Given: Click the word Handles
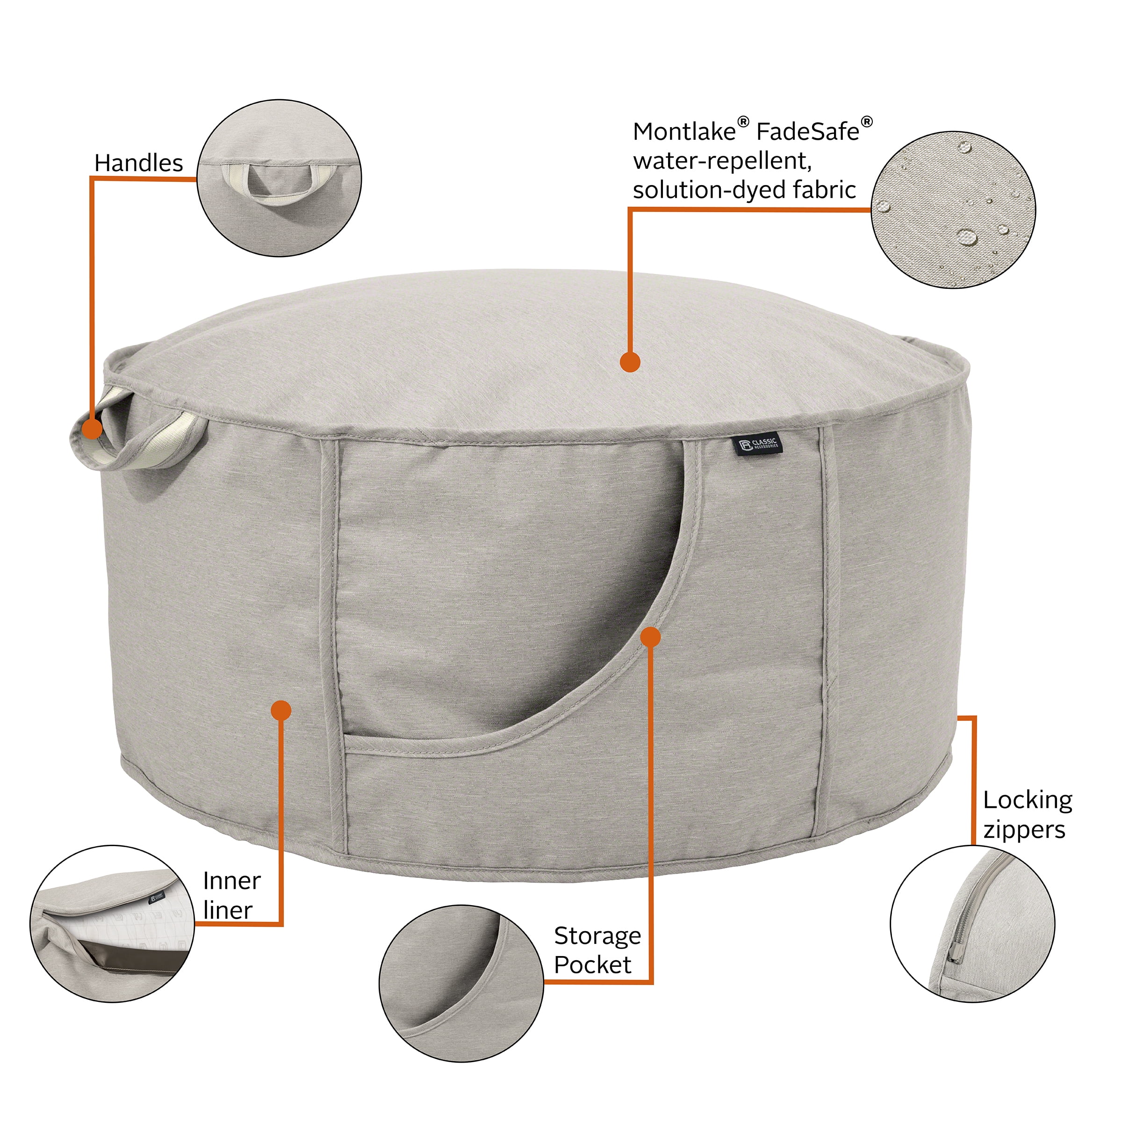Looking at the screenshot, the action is pos(138,163).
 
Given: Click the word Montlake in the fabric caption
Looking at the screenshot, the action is pos(684,132).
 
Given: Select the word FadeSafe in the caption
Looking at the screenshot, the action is pos(807,132).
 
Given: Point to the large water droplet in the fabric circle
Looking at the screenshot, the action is pos(966,237).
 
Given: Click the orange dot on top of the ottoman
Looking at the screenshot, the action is pos(630,362).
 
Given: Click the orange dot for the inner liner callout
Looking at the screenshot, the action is pos(281,710).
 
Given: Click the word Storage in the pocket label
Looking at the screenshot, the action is pos(597,935).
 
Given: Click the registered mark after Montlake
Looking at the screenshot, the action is pos(743,122).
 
